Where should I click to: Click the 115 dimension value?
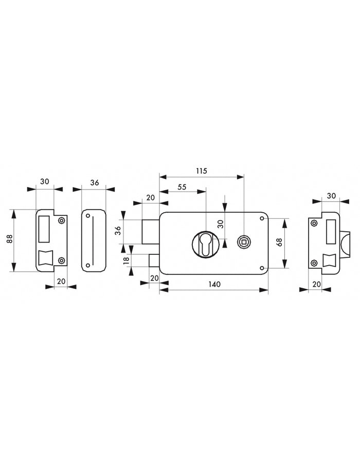[x=201, y=171]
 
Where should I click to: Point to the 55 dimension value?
[x=182, y=187]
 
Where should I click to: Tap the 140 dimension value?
[x=214, y=285]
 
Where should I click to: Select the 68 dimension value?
[x=279, y=243]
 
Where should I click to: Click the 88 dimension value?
[x=9, y=239]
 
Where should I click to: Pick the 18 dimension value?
[x=127, y=261]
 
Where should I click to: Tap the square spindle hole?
[x=243, y=243]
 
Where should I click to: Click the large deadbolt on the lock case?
[x=151, y=232]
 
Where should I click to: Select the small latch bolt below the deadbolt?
[x=154, y=261]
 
